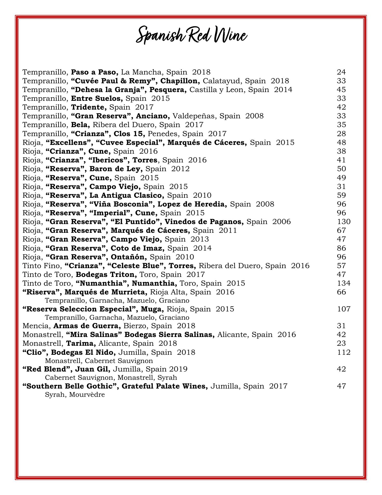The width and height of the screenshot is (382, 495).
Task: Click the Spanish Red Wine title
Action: point(192,35)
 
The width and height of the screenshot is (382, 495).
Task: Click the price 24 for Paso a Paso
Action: point(341,72)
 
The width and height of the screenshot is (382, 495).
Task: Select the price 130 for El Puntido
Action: point(344,221)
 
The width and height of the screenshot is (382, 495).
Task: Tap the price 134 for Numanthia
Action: point(344,283)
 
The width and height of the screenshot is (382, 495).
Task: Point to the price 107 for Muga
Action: point(344,309)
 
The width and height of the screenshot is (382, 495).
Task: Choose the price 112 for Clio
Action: point(344,352)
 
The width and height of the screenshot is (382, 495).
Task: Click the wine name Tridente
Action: point(89,107)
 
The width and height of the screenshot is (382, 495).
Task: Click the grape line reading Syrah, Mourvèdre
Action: point(75,394)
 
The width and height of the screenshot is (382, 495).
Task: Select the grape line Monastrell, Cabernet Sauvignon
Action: point(99,360)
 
